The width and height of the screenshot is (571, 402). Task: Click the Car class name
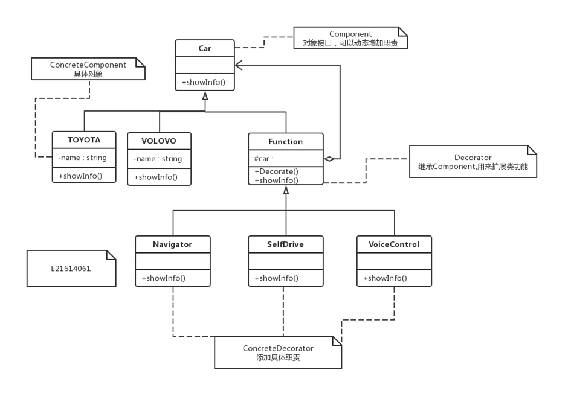pos(205,48)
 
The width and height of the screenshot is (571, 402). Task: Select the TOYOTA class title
pos(84,140)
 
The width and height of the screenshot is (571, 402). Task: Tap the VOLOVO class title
pos(159,141)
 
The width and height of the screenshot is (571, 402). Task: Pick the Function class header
pos(285,141)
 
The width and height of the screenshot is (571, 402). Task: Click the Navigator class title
pos(173,244)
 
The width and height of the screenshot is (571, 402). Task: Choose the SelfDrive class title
pos(285,244)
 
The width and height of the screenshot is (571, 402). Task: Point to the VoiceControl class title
pos(394,244)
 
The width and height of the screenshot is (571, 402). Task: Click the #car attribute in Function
pos(263,159)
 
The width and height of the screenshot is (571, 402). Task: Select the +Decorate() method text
pos(276,171)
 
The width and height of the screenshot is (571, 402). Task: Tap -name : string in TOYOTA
pos(82,158)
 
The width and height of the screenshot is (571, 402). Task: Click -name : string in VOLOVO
pos(158,159)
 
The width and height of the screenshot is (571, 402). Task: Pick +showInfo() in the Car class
pos(204,82)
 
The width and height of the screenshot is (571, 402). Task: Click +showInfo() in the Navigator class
pos(164,278)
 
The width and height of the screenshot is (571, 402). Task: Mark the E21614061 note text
pos(71,269)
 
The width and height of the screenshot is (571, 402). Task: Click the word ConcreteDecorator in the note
pos(278,348)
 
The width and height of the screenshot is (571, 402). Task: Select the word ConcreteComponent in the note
pos(88,65)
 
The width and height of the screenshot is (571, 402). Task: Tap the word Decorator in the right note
pos(473,158)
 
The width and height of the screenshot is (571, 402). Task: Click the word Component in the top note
pos(350,34)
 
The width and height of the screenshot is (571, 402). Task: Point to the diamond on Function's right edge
pos(329,159)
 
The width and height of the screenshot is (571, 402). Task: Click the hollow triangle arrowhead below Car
pos(205,96)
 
